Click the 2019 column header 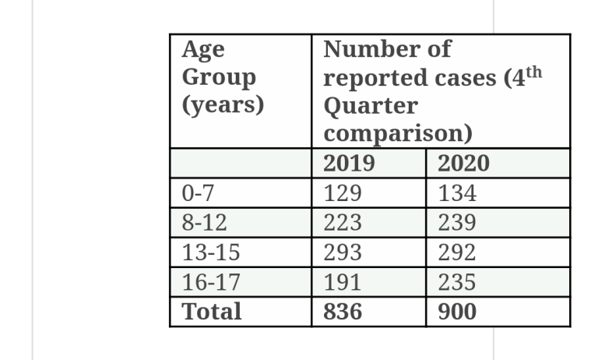(x=349, y=164)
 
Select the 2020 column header (x=463, y=164)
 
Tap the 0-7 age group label (x=197, y=193)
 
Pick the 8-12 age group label (x=204, y=223)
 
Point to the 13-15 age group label (x=211, y=252)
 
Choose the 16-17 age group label (x=211, y=282)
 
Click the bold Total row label (x=211, y=312)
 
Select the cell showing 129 (x=343, y=193)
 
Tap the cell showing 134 (x=457, y=193)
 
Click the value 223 (x=343, y=223)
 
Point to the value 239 (x=457, y=223)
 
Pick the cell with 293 (x=343, y=252)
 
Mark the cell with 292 (x=457, y=252)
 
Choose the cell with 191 (x=343, y=282)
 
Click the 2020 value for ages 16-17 (x=457, y=282)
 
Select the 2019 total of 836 (x=343, y=312)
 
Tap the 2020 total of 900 (x=457, y=312)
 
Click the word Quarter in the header (x=370, y=106)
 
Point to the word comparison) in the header (x=398, y=133)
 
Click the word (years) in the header (x=223, y=104)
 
